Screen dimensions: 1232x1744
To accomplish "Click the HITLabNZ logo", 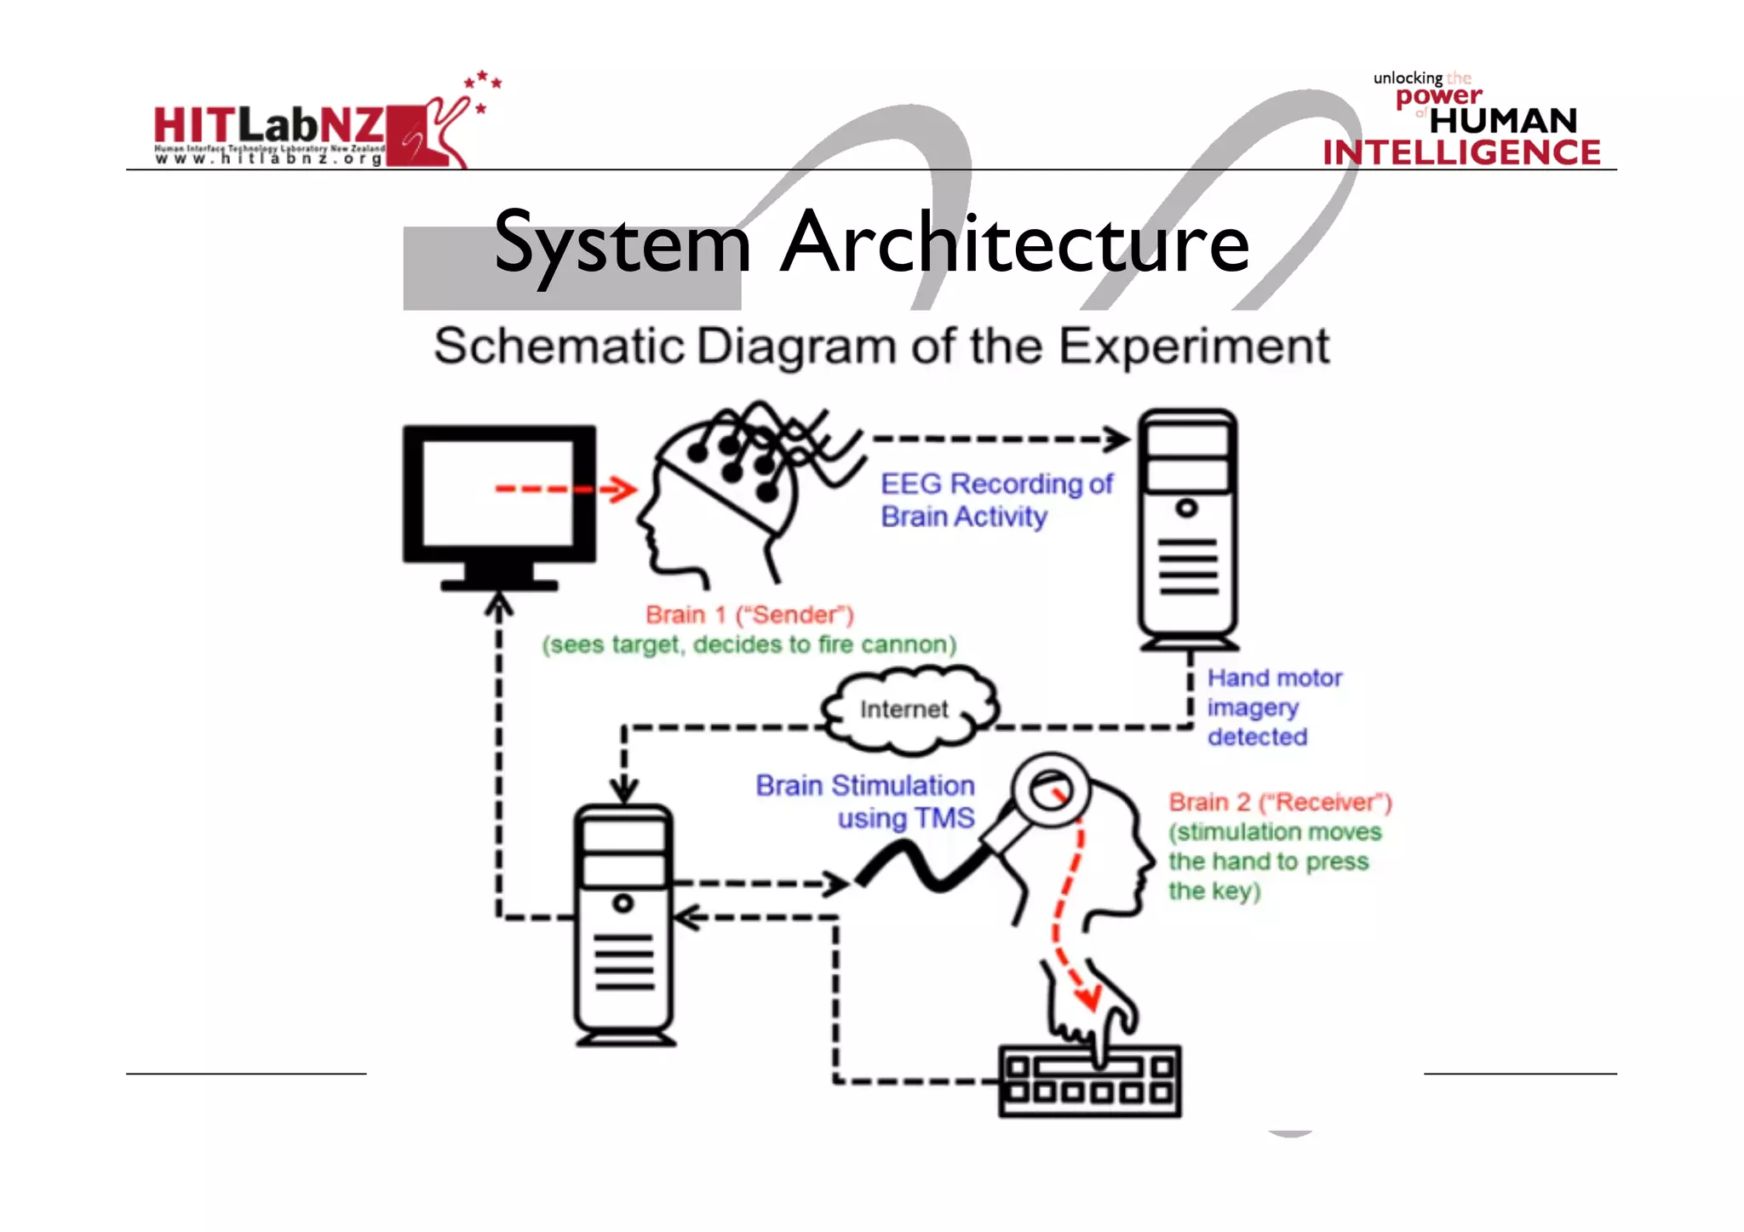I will pyautogui.click(x=311, y=129).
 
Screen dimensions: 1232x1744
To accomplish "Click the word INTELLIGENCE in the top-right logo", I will pyautogui.click(x=1461, y=152).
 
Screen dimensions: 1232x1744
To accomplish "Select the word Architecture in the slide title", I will pyautogui.click(x=1014, y=244).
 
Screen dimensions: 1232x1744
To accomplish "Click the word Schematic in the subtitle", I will pyautogui.click(x=559, y=347).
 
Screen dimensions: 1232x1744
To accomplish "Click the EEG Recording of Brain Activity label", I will pyautogui.click(x=995, y=500).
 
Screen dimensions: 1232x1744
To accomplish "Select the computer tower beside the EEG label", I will pyautogui.click(x=1188, y=528).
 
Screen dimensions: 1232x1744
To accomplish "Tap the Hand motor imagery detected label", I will pyautogui.click(x=1273, y=708).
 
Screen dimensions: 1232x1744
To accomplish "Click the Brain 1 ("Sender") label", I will pyautogui.click(x=749, y=615).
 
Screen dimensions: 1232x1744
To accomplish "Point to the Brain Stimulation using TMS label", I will pyautogui.click(x=865, y=801).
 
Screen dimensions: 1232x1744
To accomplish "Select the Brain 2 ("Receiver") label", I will pyautogui.click(x=1279, y=802).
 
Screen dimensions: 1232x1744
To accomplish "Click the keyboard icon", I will pyautogui.click(x=1089, y=1081).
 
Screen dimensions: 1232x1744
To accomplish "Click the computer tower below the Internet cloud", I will pyautogui.click(x=624, y=924).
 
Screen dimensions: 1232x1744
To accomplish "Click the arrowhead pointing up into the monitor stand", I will pyautogui.click(x=499, y=605).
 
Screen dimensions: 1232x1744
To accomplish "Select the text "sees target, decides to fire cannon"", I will pyautogui.click(x=749, y=645).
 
